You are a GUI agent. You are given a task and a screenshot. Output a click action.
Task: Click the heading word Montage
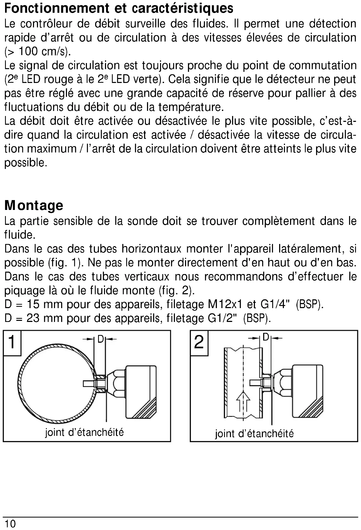(x=34, y=205)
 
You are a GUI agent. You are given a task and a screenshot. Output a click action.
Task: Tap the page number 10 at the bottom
(x=10, y=524)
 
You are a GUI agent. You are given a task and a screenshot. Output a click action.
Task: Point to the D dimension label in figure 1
(x=100, y=339)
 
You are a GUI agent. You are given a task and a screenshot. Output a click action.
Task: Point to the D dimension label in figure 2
(x=266, y=337)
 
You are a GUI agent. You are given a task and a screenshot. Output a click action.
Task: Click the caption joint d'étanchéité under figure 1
(x=84, y=432)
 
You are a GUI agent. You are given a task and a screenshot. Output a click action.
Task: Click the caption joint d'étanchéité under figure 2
(x=254, y=434)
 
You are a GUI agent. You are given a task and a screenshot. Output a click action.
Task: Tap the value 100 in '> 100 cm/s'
(x=28, y=51)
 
